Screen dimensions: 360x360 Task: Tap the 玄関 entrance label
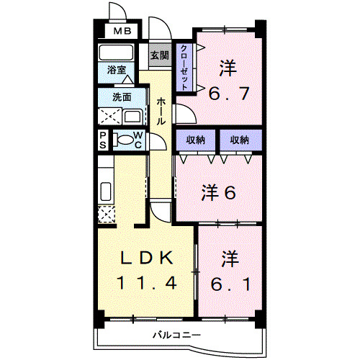tap(159, 55)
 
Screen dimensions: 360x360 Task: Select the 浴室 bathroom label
tap(117, 71)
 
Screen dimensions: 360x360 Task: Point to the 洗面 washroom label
tap(121, 97)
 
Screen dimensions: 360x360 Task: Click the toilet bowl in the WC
tap(125, 140)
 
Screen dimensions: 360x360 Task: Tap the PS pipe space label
tap(103, 140)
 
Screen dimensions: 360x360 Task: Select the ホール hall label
tap(161, 112)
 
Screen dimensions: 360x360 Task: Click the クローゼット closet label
tap(184, 67)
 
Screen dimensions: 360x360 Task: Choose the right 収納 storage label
tap(239, 140)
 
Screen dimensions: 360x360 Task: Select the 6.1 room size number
tap(230, 284)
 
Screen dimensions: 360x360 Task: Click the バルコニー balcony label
tap(176, 335)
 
